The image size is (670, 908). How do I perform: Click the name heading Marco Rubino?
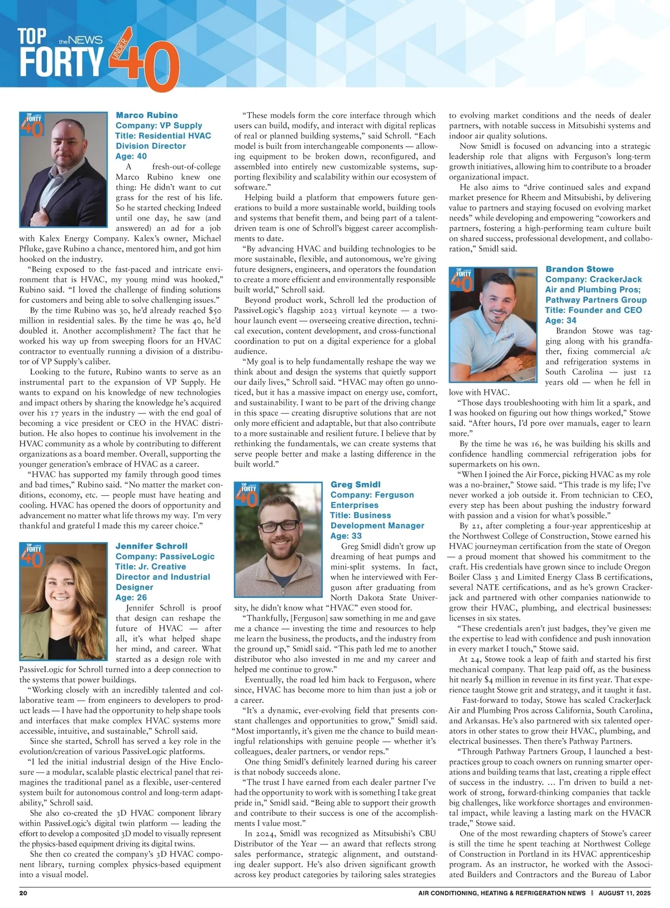pos(147,115)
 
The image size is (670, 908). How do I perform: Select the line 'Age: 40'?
pos(131,156)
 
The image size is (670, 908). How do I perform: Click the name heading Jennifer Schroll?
pos(151,546)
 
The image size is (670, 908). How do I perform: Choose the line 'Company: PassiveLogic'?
pos(165,556)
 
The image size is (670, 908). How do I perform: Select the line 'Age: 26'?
pos(131,597)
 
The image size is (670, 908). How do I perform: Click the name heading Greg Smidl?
pos(355,485)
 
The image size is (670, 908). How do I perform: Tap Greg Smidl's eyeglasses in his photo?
pos(280,526)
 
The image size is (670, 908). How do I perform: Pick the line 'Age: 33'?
pos(346,536)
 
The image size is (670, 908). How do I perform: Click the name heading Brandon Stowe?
pos(579,269)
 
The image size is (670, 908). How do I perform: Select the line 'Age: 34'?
pos(561,320)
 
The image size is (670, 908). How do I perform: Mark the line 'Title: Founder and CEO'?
pos(594,310)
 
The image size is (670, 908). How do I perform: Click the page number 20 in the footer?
pos(23,893)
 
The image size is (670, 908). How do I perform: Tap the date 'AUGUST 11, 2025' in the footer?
pos(625,893)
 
